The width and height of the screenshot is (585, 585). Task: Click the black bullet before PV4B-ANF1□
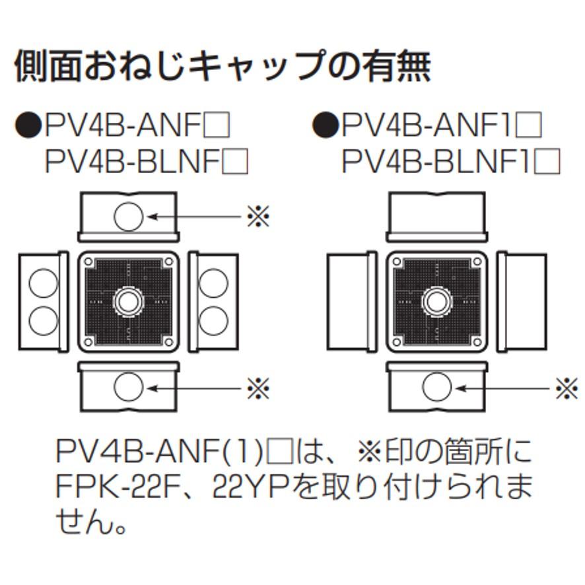point(324,125)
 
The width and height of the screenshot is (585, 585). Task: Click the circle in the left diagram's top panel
point(128,216)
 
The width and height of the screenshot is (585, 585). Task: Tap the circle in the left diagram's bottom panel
point(128,388)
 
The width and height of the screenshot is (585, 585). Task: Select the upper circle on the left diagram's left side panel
point(43,283)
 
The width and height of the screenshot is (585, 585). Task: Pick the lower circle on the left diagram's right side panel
point(213,320)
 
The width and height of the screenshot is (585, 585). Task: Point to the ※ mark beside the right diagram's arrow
point(566,388)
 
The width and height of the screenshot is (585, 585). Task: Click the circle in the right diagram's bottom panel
point(436,388)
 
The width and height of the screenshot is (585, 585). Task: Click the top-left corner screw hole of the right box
point(396,262)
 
